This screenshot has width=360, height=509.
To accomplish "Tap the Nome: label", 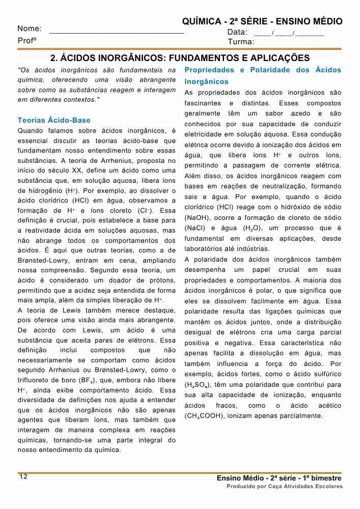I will (x=30, y=29).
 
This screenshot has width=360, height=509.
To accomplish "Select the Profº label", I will (x=27, y=40).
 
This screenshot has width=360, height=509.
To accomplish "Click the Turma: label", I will (x=241, y=42).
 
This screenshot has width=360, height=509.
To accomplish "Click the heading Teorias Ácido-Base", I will (x=54, y=121).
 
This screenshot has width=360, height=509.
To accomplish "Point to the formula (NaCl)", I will (x=196, y=228).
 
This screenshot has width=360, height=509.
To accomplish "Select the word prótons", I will (x=162, y=280).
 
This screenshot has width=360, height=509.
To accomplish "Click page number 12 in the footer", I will (x=23, y=476).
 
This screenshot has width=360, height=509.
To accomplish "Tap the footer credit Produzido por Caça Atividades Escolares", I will (x=285, y=487).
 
